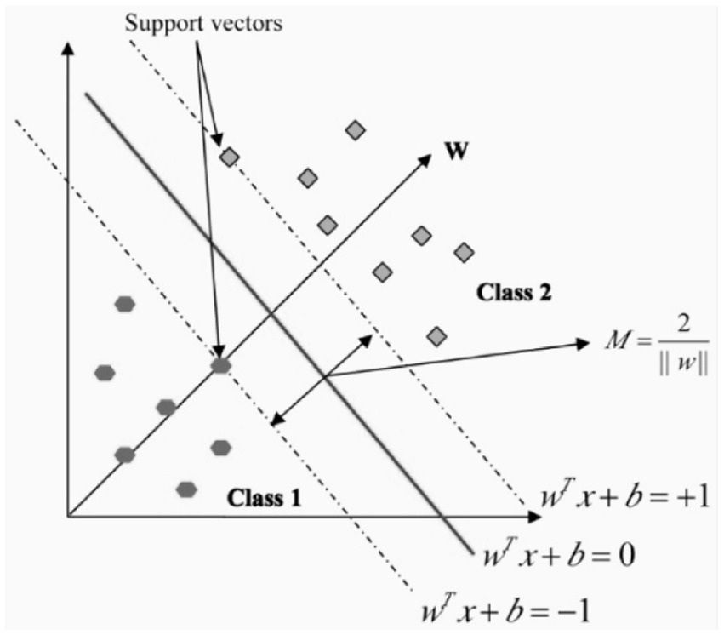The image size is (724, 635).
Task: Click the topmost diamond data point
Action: [x=356, y=129]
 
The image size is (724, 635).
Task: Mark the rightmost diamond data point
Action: [x=464, y=251]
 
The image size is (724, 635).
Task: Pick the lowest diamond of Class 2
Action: [x=436, y=335]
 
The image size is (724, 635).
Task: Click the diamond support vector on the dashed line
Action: [x=229, y=157]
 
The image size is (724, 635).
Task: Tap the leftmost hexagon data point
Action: [x=105, y=372]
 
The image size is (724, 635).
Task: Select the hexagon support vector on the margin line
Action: [x=220, y=365]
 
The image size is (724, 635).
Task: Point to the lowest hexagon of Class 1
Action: [x=186, y=489]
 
